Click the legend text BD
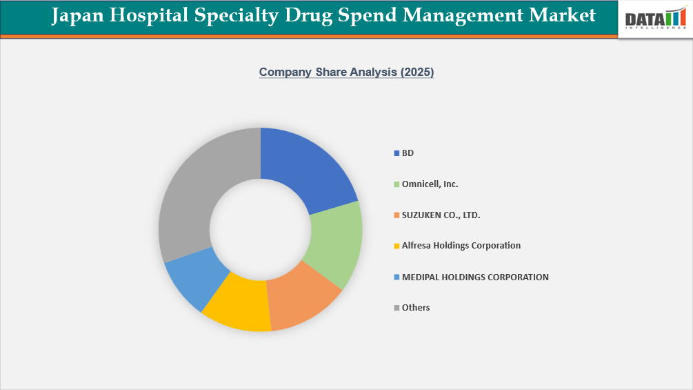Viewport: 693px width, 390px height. [408, 153]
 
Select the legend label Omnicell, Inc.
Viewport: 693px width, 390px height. [430, 184]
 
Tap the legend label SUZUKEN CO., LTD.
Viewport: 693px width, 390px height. [441, 215]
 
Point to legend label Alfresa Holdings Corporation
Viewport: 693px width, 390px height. [461, 246]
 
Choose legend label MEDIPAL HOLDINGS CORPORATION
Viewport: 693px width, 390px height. [475, 277]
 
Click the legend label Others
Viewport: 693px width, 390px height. [416, 308]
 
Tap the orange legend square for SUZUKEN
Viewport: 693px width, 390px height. [396, 215]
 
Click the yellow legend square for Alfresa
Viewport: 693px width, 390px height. [396, 246]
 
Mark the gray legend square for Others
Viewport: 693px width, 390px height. [396, 308]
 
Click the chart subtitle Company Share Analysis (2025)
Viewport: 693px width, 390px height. [346, 72]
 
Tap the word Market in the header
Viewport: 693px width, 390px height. [562, 16]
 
